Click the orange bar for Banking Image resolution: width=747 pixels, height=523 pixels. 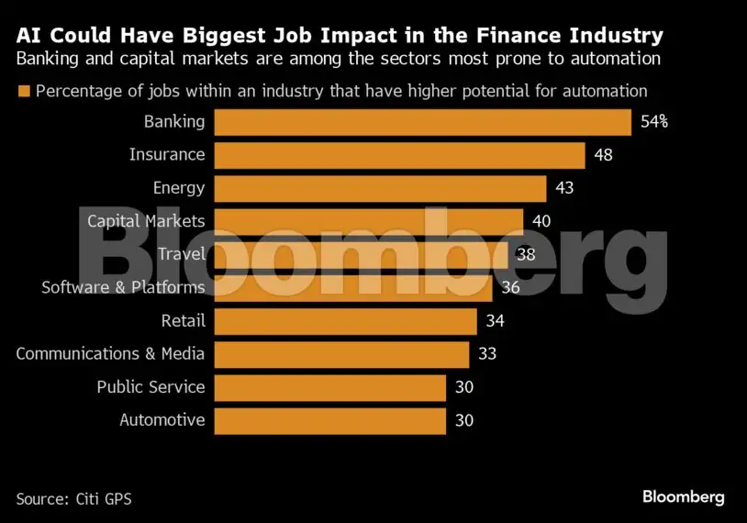pos(422,122)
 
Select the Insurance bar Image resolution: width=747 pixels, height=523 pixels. pos(400,155)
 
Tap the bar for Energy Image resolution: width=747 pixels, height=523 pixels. pos(380,189)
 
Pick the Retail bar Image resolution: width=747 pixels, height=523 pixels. pos(345,321)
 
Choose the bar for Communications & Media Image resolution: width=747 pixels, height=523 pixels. pos(341,354)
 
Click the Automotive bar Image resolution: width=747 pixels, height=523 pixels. pos(330,421)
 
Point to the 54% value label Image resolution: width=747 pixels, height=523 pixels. pos(654,122)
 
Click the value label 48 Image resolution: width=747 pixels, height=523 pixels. pos(603,155)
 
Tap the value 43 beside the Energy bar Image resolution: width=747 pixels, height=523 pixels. pos(564,188)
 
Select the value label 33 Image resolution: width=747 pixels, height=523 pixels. pos(487,354)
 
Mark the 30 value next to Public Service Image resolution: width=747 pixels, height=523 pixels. pos(464,387)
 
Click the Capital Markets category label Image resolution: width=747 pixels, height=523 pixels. pos(146,221)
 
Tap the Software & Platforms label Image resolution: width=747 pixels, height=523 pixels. pos(123,287)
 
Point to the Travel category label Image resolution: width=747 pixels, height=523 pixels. pos(182,254)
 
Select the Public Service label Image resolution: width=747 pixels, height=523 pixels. pos(151,387)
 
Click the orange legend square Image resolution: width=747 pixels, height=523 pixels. pos(24,91)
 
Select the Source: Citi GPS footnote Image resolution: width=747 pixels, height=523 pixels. pos(73,499)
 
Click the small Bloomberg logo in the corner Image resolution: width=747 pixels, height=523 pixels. pos(683,497)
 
